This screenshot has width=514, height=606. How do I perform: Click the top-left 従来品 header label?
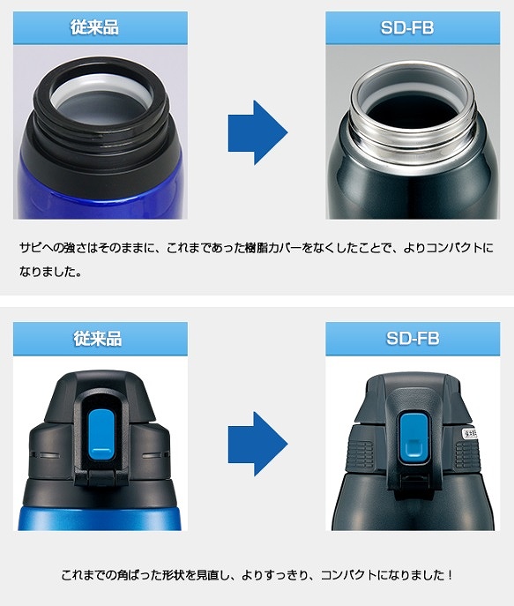(x=94, y=27)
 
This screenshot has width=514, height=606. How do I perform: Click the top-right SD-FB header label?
(x=407, y=28)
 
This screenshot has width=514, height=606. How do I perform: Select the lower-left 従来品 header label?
(x=98, y=339)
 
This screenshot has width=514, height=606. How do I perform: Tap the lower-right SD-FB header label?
(x=413, y=339)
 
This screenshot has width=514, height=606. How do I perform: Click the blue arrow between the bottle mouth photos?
(x=257, y=132)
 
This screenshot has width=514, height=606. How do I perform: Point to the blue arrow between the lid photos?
(x=257, y=444)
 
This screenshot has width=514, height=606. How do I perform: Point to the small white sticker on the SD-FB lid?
(x=470, y=433)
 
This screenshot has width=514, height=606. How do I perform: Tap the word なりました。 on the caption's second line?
(x=50, y=272)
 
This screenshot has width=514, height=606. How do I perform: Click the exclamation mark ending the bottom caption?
(x=451, y=575)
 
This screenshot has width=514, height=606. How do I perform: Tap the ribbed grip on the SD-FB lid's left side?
(x=361, y=453)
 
